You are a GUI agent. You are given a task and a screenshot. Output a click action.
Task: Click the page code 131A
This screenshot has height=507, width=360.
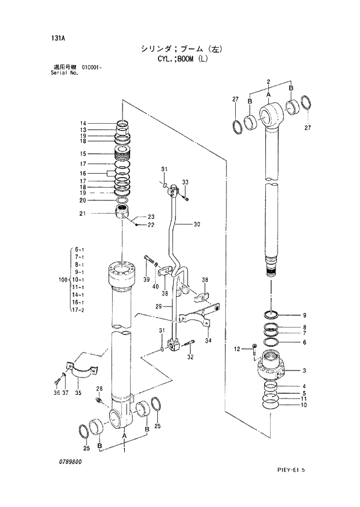click(57, 38)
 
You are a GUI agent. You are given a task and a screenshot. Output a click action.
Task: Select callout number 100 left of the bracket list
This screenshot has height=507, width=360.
click(63, 280)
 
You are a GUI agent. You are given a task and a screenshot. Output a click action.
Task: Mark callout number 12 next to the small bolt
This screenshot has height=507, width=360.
click(236, 348)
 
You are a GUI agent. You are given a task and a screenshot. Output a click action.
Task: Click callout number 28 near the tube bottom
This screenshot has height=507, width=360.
click(99, 389)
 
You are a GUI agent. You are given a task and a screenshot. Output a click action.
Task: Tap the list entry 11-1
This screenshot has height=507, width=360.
click(78, 287)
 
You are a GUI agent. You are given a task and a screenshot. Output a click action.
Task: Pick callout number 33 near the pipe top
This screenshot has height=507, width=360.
click(185, 182)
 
